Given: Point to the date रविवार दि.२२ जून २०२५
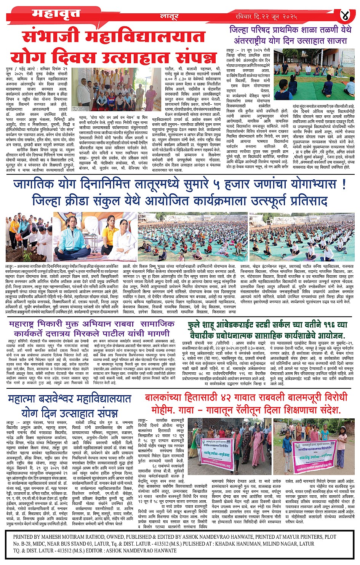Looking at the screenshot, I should point(266,16).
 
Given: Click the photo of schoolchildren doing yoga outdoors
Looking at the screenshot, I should point(314,74).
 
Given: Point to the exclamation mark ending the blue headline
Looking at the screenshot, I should point(344,184).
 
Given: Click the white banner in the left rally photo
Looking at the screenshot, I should point(216,449).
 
